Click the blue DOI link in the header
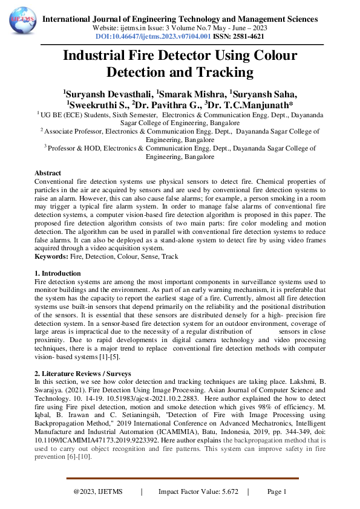click(x=153, y=36)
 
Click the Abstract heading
click(x=48, y=173)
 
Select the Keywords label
click(x=51, y=257)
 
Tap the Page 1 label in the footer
click(x=276, y=492)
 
